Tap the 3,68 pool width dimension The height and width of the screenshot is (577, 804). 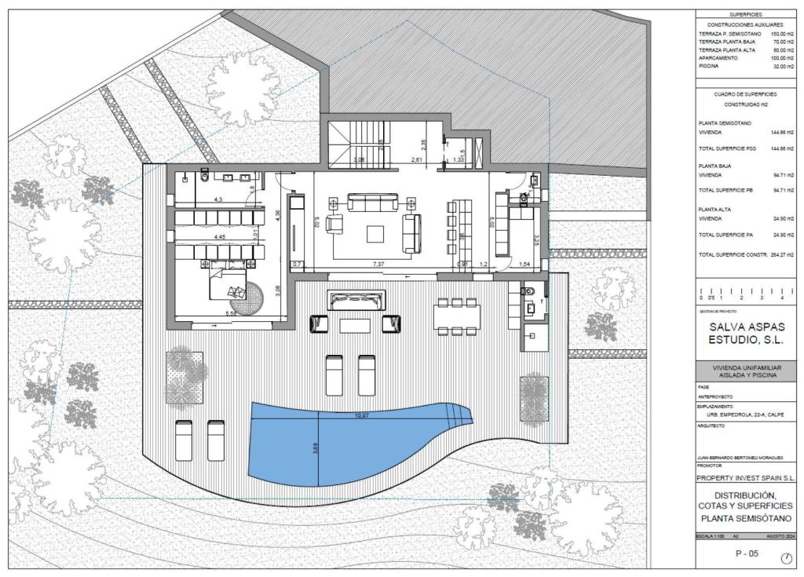(x=316, y=448)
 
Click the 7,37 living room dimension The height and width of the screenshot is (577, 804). (x=378, y=265)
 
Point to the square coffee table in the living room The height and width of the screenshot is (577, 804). (x=375, y=233)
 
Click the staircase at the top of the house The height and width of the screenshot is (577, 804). (x=348, y=145)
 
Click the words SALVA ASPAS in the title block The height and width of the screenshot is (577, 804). (x=746, y=327)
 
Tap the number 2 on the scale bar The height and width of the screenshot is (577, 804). (x=741, y=298)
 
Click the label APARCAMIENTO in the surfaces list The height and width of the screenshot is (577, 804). (x=718, y=58)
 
